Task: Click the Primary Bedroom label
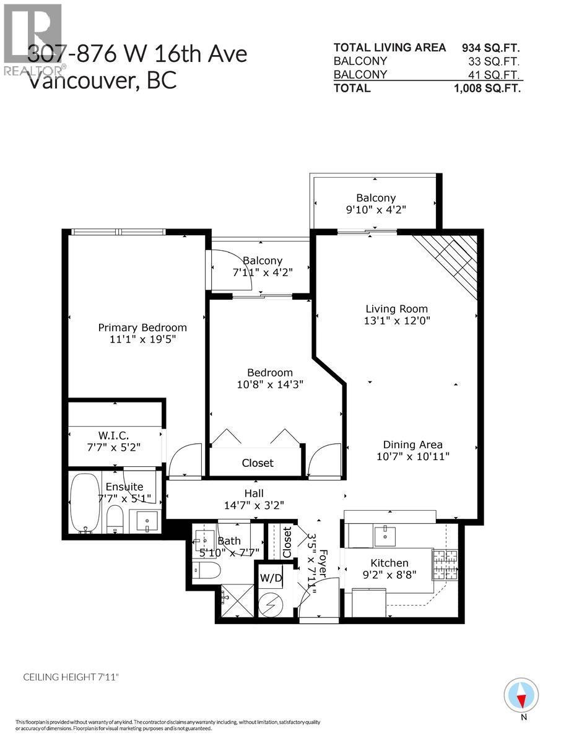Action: [x=142, y=328]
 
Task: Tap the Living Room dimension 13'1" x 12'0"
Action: [x=397, y=321]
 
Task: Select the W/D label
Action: [x=270, y=579]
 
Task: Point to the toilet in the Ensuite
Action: [x=116, y=518]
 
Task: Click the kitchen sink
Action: [x=385, y=535]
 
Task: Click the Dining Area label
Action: [x=412, y=445]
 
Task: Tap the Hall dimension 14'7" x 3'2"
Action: [x=254, y=505]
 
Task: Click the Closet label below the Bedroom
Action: [x=258, y=463]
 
